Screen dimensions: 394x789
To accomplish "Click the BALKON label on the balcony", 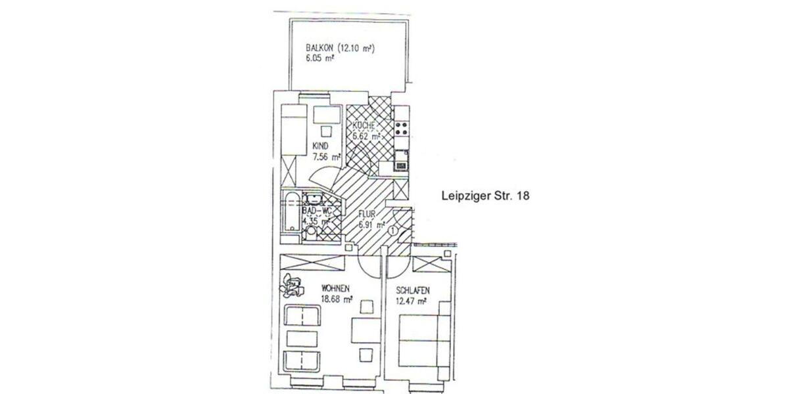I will pyautogui.click(x=318, y=48).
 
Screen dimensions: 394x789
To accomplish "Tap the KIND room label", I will pyautogui.click(x=320, y=146).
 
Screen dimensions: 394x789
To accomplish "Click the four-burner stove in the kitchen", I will pyautogui.click(x=401, y=129).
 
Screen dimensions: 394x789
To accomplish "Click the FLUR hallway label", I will pyautogui.click(x=367, y=213).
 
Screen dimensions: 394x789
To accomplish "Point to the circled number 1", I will pyautogui.click(x=393, y=230).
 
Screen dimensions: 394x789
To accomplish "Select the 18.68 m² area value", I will pyautogui.click(x=336, y=299).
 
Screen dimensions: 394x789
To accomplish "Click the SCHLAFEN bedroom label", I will pyautogui.click(x=413, y=290).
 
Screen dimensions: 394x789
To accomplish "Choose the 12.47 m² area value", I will pyautogui.click(x=412, y=301).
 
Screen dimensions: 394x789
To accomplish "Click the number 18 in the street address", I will pyautogui.click(x=523, y=195).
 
